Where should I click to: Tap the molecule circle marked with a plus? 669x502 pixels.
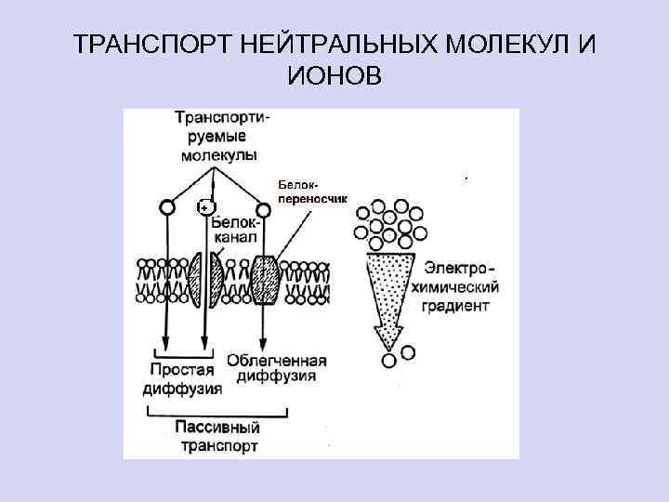pos(206,207)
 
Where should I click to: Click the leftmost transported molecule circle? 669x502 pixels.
pos(166,207)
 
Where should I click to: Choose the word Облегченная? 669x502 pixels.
pos(277,361)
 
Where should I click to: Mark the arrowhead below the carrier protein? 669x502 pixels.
pos(264,342)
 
